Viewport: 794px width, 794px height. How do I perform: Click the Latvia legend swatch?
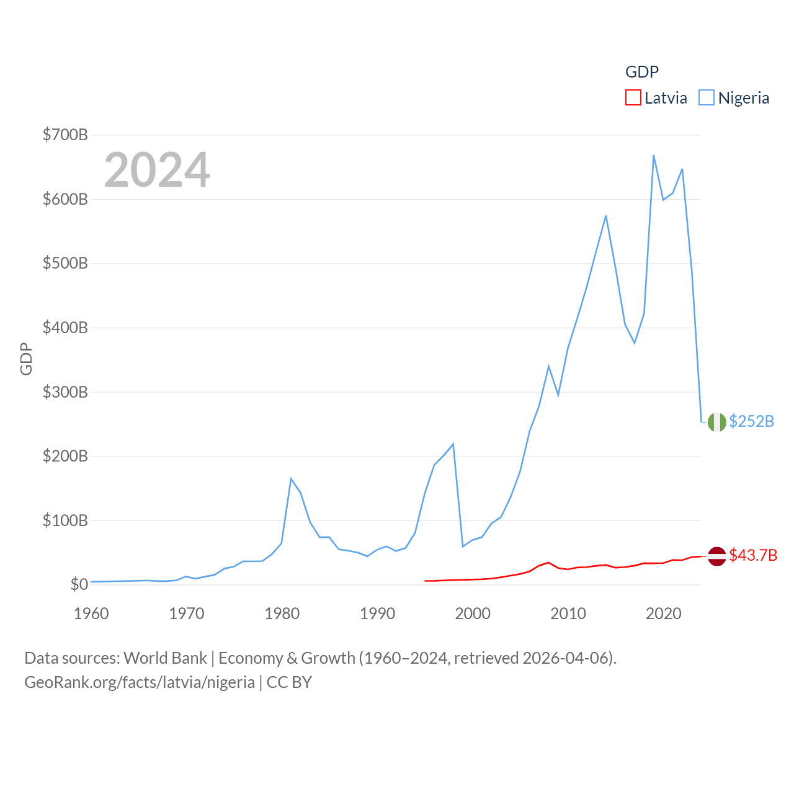coord(633,98)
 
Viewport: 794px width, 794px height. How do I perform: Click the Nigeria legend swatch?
coord(706,98)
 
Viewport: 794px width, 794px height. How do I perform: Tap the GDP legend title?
coord(641,72)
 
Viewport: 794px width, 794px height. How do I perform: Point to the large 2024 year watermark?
coord(157,170)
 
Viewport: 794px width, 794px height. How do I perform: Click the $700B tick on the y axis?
coord(65,135)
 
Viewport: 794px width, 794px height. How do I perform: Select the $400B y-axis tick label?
coord(65,328)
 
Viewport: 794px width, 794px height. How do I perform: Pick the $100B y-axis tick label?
coord(65,520)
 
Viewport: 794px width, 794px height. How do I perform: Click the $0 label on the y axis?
coord(79,584)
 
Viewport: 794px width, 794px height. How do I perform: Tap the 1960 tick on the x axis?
coord(91,613)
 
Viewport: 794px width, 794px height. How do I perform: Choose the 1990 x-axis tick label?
coord(377,613)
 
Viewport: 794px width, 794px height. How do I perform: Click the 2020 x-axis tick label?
coord(663,613)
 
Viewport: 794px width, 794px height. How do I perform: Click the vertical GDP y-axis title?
coord(26,359)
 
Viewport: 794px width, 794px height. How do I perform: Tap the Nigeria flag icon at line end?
coord(716,422)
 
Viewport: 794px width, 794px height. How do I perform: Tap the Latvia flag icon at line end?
coord(716,556)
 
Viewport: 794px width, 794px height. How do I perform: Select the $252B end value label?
coord(751,421)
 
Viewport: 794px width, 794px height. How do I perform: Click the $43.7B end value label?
coord(753,555)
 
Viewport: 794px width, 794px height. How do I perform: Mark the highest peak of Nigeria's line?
coord(654,156)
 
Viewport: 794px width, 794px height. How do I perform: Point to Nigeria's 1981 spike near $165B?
coord(291,479)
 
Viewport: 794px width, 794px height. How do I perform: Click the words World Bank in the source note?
coord(165,658)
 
